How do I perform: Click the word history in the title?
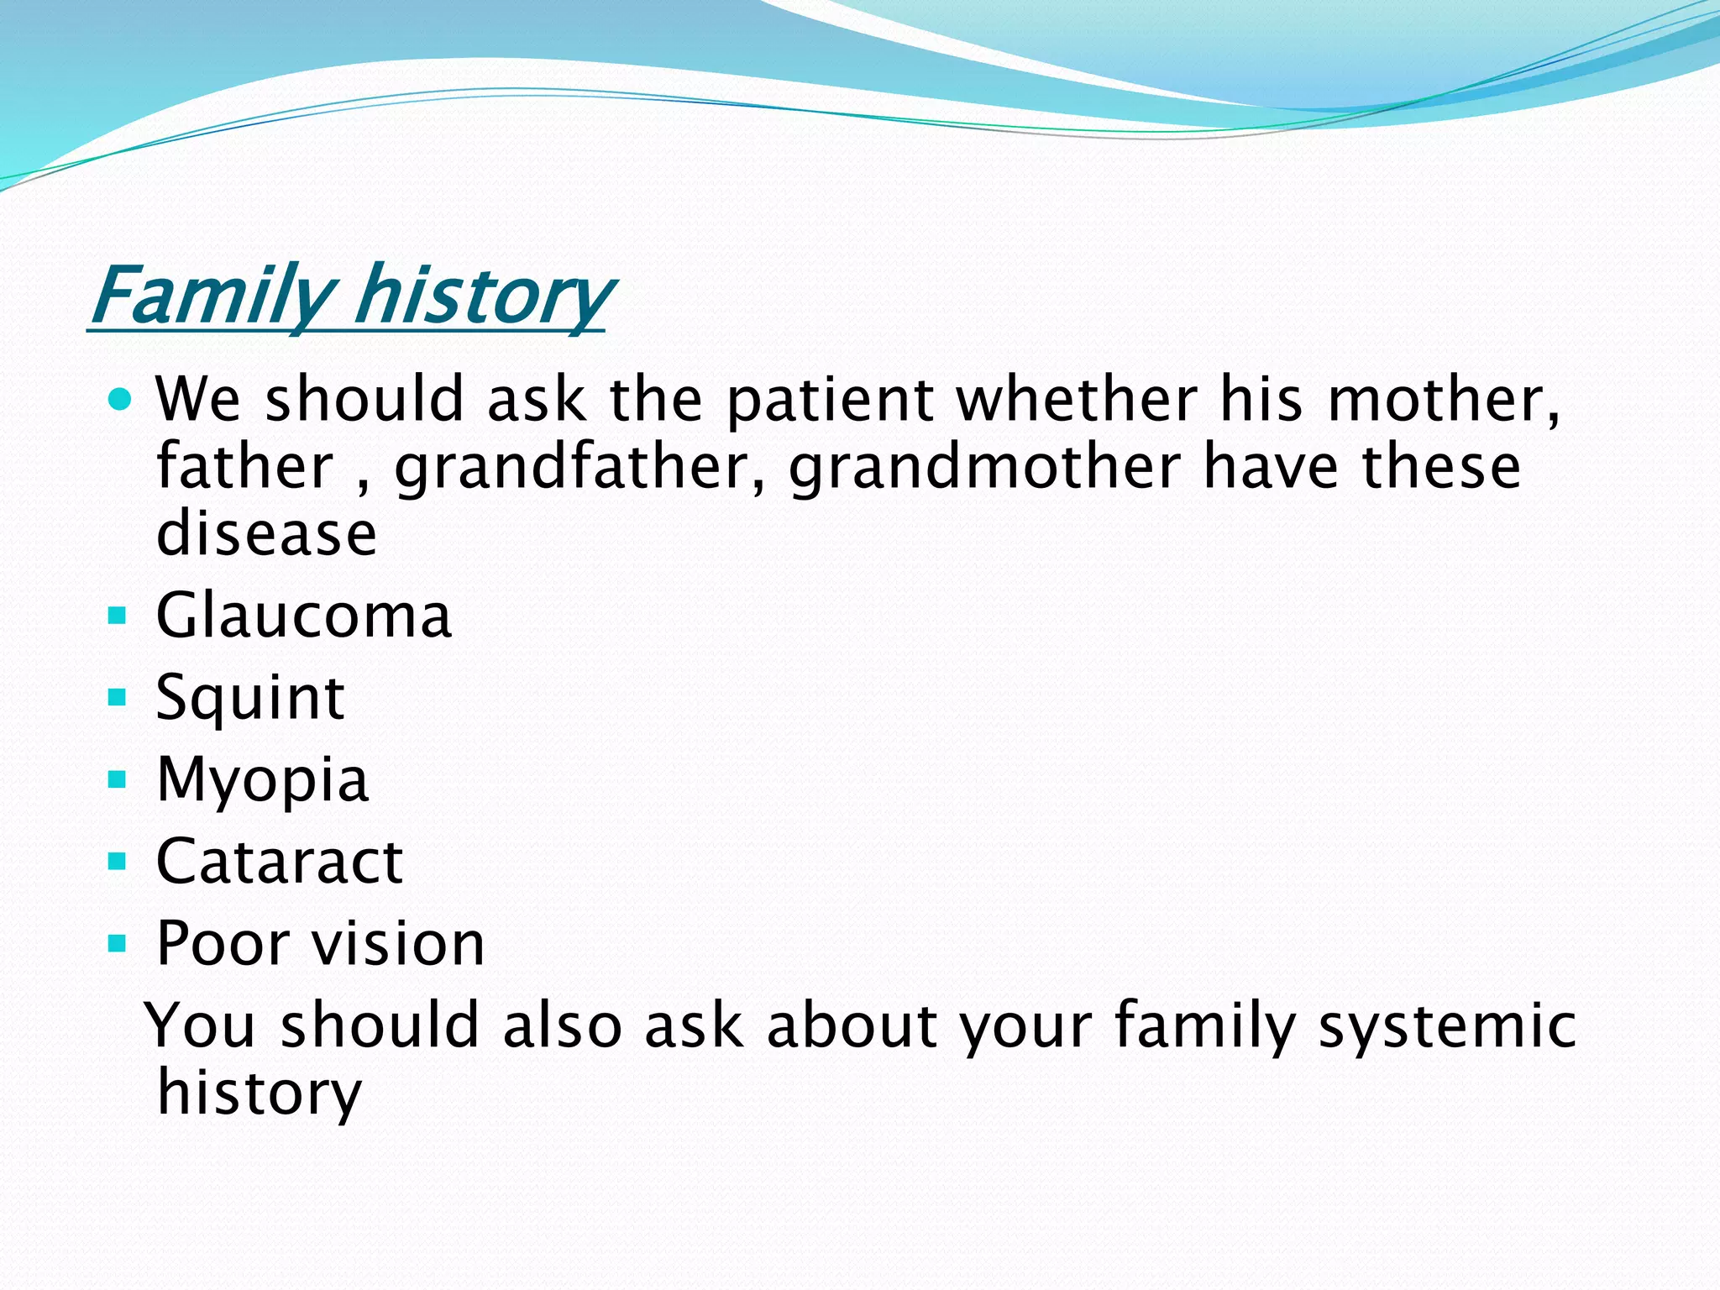482,296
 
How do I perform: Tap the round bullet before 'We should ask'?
120,400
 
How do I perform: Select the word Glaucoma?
304,616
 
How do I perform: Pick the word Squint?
250,698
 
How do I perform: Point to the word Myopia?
263,780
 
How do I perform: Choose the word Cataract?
280,862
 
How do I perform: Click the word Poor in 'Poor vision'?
223,944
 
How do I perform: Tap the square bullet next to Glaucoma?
118,616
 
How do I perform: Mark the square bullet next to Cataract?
118,862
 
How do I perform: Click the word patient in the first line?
830,400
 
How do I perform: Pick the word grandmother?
984,467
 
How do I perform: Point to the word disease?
267,534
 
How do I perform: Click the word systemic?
1447,1026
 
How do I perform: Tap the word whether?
1078,400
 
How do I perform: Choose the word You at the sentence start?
201,1026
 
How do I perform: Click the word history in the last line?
259,1093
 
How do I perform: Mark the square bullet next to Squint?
118,697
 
